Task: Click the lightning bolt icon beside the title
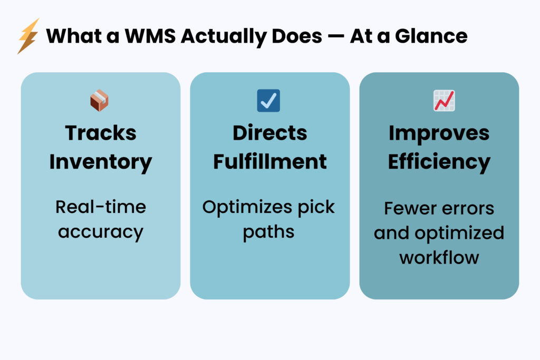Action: (28, 36)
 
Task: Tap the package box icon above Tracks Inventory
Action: (99, 100)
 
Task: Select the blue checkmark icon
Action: (268, 100)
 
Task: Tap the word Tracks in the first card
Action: (101, 133)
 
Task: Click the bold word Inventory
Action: (101, 161)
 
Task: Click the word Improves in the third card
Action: (439, 133)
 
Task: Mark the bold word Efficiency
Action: (439, 161)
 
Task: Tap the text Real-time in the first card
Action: (101, 207)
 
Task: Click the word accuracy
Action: (101, 232)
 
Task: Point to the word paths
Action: (268, 232)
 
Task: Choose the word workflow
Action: (439, 257)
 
